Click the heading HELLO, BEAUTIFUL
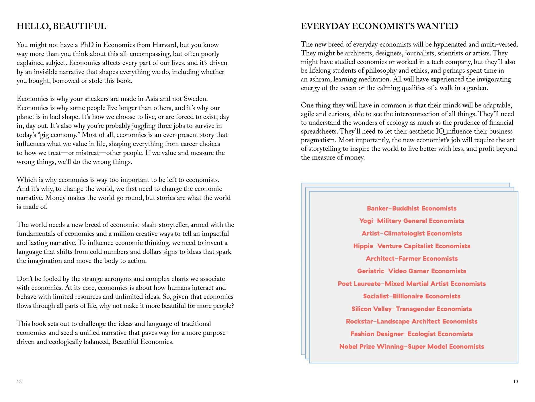pyautogui.click(x=61, y=26)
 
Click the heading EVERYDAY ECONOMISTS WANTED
pyautogui.click(x=379, y=26)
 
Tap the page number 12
pyautogui.click(x=19, y=382)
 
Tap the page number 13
pyautogui.click(x=516, y=382)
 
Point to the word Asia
pyautogui.click(x=152, y=99)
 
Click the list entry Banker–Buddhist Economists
pyautogui.click(x=411, y=208)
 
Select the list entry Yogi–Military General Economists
pyautogui.click(x=411, y=221)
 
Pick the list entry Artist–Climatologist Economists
pyautogui.click(x=411, y=233)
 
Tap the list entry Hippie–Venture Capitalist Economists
pyautogui.click(x=411, y=246)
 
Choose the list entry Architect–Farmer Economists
pyautogui.click(x=411, y=259)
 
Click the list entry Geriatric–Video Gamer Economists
pyautogui.click(x=411, y=271)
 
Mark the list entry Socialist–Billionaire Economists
pyautogui.click(x=411, y=296)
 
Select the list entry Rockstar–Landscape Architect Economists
pyautogui.click(x=411, y=321)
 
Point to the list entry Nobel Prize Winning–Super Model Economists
pyautogui.click(x=411, y=347)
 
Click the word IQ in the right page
pyautogui.click(x=440, y=132)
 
